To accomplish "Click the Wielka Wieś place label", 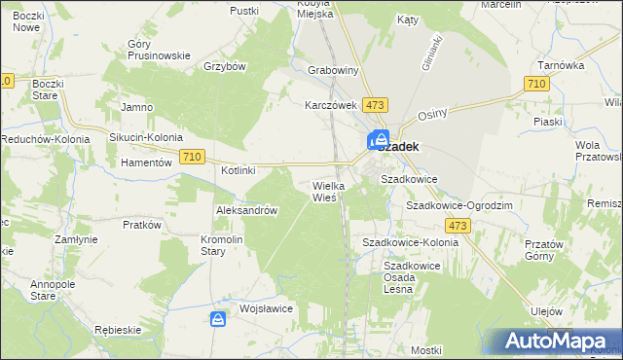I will pyautogui.click(x=324, y=191).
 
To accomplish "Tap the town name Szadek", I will pyautogui.click(x=399, y=146).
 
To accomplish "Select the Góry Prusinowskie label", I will pyautogui.click(x=159, y=50).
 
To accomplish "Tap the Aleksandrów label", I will pyautogui.click(x=247, y=210).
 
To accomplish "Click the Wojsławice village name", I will pyautogui.click(x=267, y=308).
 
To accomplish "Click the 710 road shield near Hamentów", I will pyautogui.click(x=192, y=158).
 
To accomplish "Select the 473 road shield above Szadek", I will pyautogui.click(x=376, y=104).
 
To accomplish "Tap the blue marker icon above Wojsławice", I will pyautogui.click(x=219, y=318).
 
